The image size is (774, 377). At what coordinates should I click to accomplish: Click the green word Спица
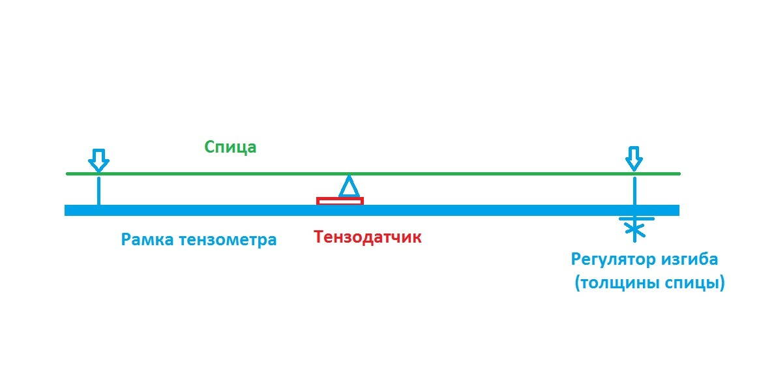pyautogui.click(x=231, y=147)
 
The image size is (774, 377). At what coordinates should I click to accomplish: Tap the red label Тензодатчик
pyautogui.click(x=368, y=237)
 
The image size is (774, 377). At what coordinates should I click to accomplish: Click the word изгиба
pyautogui.click(x=689, y=259)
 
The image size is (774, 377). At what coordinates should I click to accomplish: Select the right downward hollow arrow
pyautogui.click(x=634, y=159)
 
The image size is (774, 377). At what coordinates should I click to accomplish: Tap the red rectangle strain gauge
pyautogui.click(x=340, y=201)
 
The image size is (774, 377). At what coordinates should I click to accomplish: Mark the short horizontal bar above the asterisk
pyautogui.click(x=636, y=218)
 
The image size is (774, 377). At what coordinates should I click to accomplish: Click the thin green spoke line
pyautogui.click(x=374, y=173)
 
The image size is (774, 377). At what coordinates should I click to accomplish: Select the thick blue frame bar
pyautogui.click(x=372, y=210)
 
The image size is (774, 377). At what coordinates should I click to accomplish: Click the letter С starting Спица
pyautogui.click(x=211, y=147)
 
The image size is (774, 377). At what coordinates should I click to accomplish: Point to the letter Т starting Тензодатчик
pyautogui.click(x=320, y=236)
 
